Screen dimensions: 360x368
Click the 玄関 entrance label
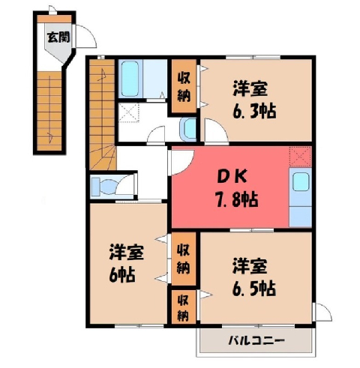[58, 37]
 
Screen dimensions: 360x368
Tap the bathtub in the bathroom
[130, 79]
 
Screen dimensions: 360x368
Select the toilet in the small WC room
[106, 186]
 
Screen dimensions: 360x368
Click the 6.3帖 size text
[254, 112]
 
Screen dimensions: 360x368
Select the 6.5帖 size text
[254, 289]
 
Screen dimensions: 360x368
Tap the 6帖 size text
[121, 275]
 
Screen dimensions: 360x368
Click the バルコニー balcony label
[256, 340]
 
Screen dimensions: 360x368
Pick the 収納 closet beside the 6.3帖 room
[184, 86]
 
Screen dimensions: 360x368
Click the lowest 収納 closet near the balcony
[183, 308]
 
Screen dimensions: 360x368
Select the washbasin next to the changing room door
[188, 129]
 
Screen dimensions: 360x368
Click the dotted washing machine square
[128, 112]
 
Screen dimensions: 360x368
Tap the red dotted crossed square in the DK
[300, 157]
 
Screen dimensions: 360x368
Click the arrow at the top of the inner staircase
[102, 75]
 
